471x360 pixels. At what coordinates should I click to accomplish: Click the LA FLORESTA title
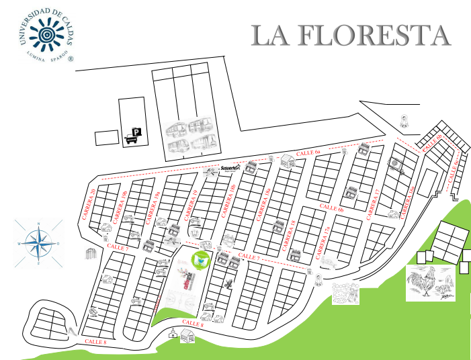[x=350, y=35]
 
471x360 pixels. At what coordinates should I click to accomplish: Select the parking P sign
[x=136, y=132]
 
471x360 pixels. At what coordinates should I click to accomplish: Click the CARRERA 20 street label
[x=88, y=204]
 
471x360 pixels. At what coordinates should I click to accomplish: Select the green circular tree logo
[x=200, y=259]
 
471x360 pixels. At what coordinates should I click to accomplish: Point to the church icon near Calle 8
[x=173, y=334]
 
